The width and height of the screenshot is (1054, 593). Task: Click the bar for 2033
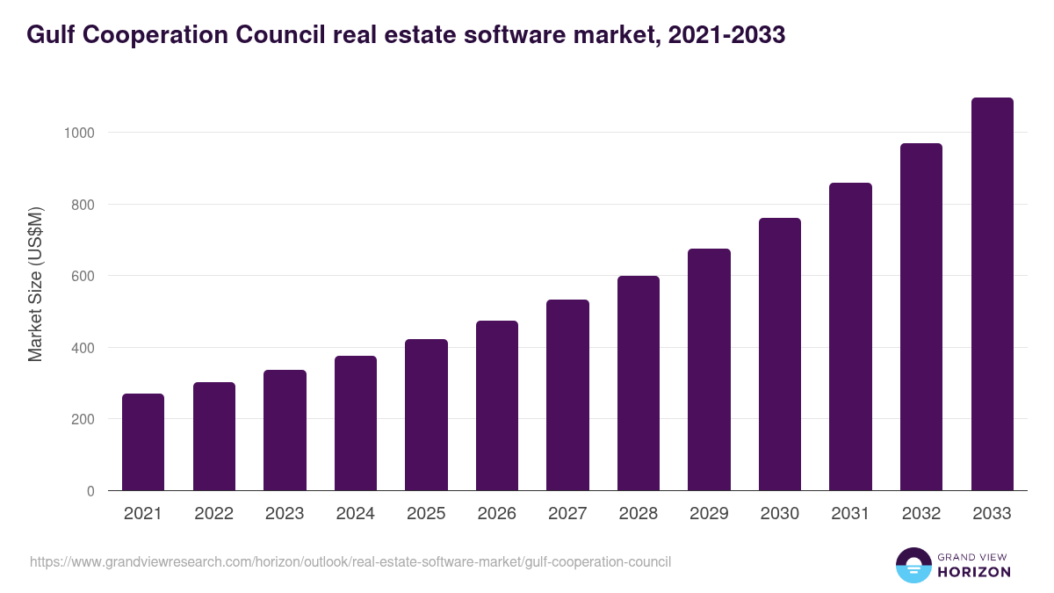[x=992, y=294]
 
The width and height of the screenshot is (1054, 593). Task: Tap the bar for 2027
[x=567, y=395]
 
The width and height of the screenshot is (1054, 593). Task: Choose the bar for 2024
[x=356, y=423]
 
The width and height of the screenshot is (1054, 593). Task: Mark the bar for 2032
[x=921, y=317]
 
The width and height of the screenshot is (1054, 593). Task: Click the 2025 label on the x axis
[x=426, y=514]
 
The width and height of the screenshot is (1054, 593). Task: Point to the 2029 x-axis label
[x=709, y=514]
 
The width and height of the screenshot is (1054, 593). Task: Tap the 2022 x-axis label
[x=214, y=514]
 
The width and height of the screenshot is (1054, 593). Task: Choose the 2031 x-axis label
[x=850, y=514]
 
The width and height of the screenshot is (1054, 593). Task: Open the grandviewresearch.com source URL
[x=350, y=561]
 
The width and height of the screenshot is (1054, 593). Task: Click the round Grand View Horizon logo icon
[x=913, y=565]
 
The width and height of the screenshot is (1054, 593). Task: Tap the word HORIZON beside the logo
[x=973, y=572]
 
